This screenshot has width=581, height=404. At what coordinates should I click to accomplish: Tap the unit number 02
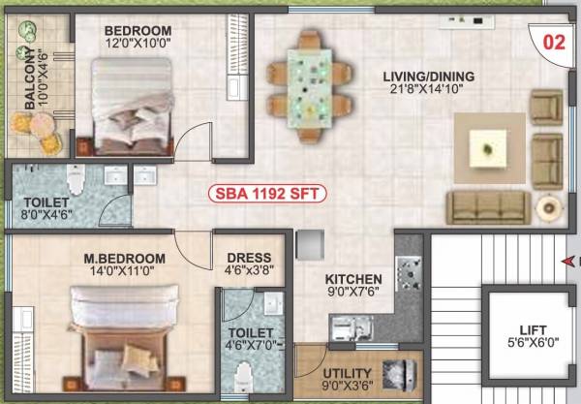[x=553, y=42]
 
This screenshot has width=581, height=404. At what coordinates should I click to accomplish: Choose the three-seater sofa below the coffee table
[x=488, y=205]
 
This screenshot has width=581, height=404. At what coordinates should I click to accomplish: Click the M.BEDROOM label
[x=122, y=259]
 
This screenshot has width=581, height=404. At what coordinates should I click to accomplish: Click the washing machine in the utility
[x=399, y=374]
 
